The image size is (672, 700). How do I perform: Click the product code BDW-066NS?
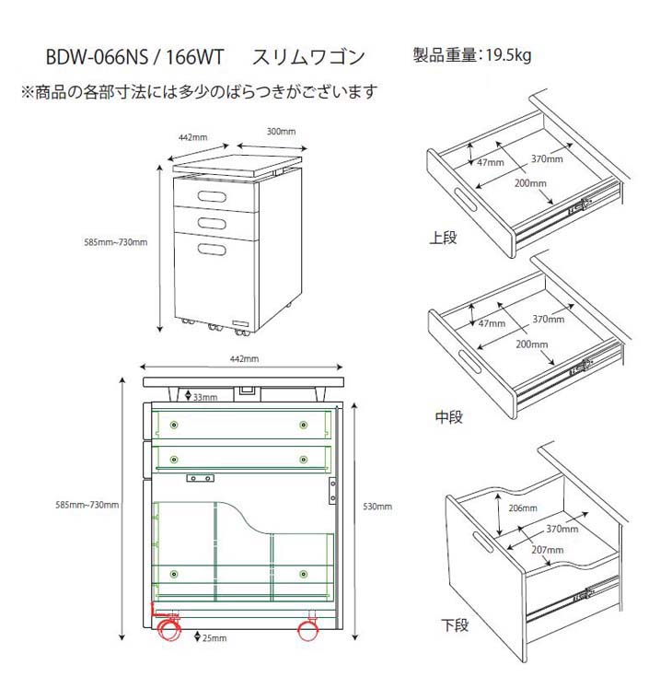tap(96, 58)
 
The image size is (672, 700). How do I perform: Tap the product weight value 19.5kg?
tap(504, 54)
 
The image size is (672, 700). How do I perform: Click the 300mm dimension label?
tap(281, 131)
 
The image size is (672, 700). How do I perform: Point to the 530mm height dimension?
tap(377, 506)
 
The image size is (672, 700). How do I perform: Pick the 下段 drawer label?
tap(455, 625)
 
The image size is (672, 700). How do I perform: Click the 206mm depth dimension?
tap(521, 508)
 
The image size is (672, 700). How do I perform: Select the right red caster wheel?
tap(307, 631)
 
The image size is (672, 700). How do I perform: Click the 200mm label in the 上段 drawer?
tap(530, 183)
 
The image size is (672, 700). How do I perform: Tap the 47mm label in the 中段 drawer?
tap(492, 323)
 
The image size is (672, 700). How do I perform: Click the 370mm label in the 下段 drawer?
tap(562, 529)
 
